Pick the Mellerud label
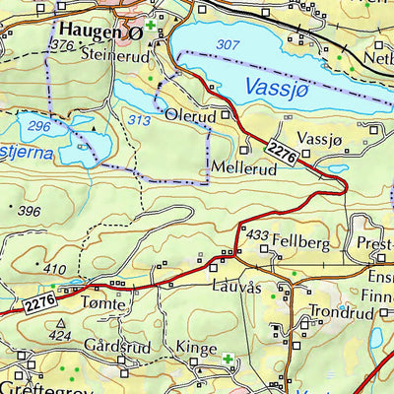coord(241,168)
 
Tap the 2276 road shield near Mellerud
coord(283,151)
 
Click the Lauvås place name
coord(237,288)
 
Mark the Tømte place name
coord(105,305)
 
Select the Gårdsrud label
coord(107,347)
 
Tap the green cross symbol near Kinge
coord(229,358)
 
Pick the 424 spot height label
coord(61,335)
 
